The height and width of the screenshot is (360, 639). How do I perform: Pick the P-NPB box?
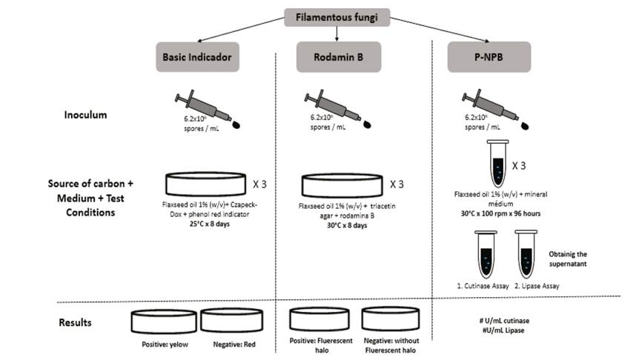(489, 57)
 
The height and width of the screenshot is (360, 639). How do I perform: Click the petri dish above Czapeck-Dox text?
(204, 184)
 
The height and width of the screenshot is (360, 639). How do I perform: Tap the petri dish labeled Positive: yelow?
(164, 321)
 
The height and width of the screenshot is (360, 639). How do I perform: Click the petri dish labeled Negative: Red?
(232, 321)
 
